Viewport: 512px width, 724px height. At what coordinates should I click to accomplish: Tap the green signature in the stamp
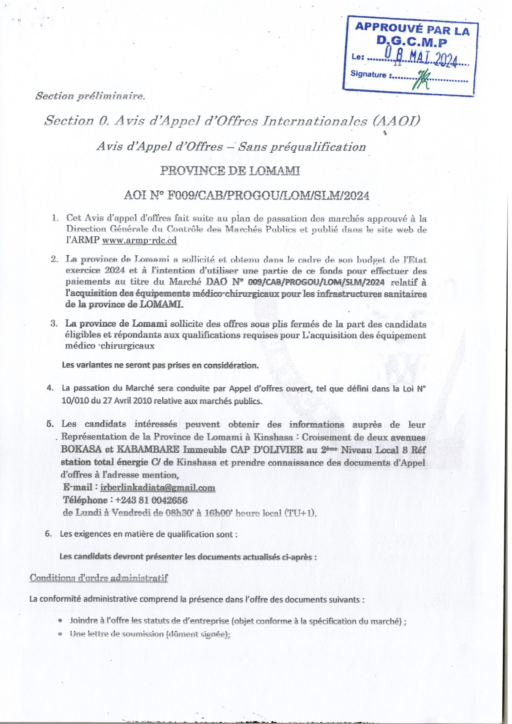(x=422, y=79)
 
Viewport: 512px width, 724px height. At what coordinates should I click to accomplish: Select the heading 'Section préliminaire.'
(x=90, y=96)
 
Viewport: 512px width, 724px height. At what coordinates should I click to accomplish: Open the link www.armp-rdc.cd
(x=140, y=241)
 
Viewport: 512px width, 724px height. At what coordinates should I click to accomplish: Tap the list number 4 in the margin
(x=50, y=388)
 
